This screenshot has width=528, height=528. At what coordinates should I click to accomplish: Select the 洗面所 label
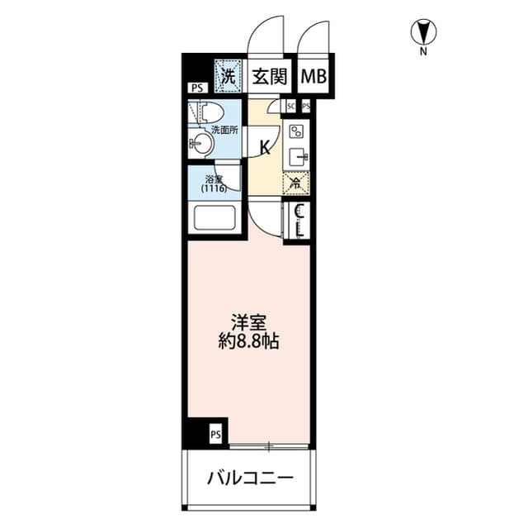click(x=224, y=129)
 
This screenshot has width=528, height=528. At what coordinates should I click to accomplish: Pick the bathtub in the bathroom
click(x=214, y=221)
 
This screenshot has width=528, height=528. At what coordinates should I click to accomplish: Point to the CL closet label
click(x=300, y=221)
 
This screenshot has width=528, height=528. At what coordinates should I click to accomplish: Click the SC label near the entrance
click(x=290, y=107)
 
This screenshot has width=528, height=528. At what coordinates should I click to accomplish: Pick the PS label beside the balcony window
click(x=214, y=433)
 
